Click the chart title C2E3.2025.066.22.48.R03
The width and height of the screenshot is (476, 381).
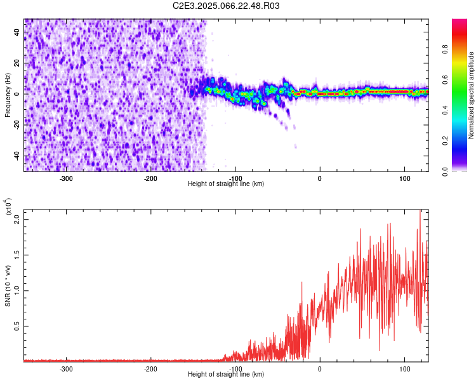click(x=226, y=6)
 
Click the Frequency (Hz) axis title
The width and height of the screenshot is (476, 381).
click(x=8, y=95)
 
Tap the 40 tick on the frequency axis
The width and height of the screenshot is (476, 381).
click(x=18, y=32)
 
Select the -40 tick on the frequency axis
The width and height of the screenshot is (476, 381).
click(x=18, y=156)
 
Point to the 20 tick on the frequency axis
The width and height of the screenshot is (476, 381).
click(x=18, y=63)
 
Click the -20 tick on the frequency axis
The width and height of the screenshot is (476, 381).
click(x=18, y=125)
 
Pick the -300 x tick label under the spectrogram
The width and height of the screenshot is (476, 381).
click(x=66, y=178)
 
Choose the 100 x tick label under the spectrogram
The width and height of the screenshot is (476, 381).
click(x=404, y=178)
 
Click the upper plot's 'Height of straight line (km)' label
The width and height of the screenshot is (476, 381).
click(x=226, y=184)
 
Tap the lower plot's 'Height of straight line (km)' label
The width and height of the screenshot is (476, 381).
click(x=226, y=374)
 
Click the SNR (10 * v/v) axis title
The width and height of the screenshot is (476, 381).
click(x=8, y=283)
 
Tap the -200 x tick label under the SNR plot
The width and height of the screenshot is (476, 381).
click(x=150, y=368)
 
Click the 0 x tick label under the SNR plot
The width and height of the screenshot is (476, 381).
click(x=320, y=368)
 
